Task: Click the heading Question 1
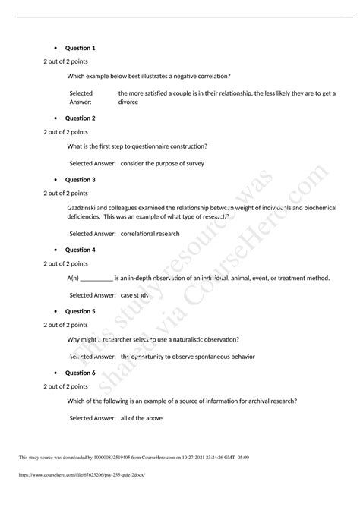(80, 48)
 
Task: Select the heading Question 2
(80, 118)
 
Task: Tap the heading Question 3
(80, 180)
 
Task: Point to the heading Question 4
(80, 250)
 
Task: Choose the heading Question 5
(80, 311)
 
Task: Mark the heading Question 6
(80, 373)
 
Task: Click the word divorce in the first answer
(128, 101)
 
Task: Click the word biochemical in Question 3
(324, 207)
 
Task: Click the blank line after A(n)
(96, 278)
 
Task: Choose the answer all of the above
(141, 417)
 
